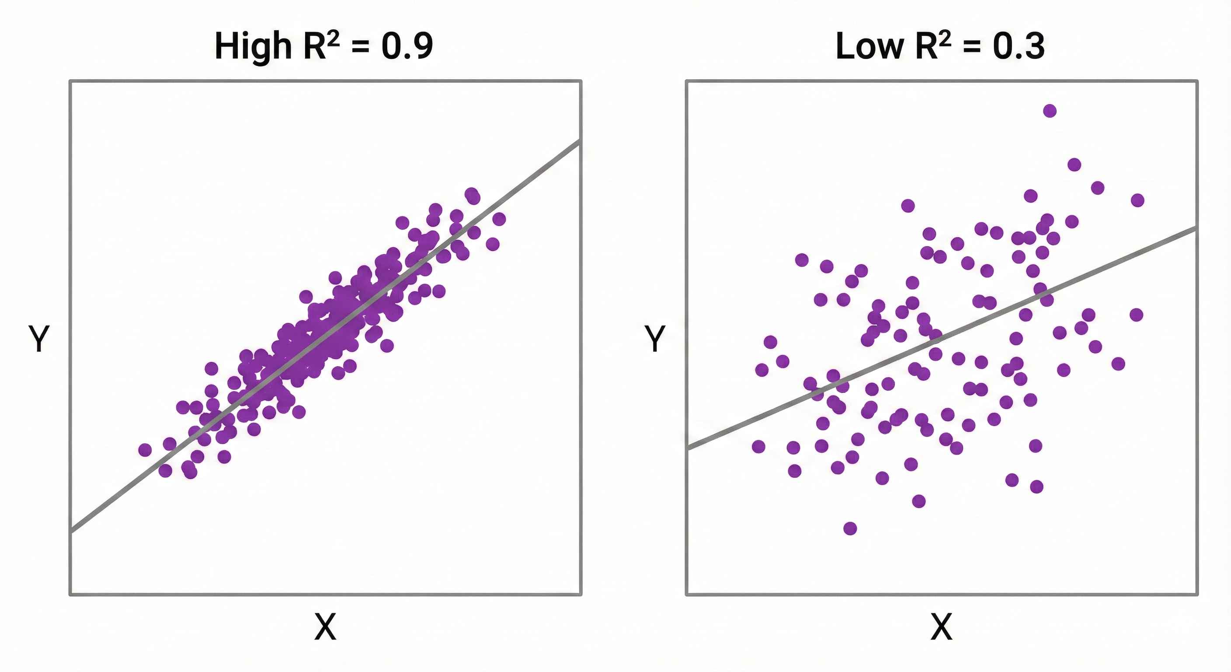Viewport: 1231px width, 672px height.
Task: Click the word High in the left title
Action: pos(253,47)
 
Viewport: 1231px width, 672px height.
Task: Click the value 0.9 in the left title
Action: pos(407,47)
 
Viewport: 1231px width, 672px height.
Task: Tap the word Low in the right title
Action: pos(869,47)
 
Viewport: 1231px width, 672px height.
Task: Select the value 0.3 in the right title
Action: pos(1019,47)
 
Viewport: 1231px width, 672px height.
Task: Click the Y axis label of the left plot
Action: pos(39,339)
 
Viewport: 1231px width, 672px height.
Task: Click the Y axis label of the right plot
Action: pos(655,339)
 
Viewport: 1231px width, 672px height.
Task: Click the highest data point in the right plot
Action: pos(1050,111)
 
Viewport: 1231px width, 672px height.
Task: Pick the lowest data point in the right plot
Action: pos(850,528)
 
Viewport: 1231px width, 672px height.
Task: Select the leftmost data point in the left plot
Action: pos(145,450)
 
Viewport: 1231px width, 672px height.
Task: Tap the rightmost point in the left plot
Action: pos(499,219)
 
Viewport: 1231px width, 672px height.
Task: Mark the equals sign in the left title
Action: pos(360,48)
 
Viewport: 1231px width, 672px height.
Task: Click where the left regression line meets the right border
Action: pos(581,141)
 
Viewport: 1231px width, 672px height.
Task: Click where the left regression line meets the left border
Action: pos(71,531)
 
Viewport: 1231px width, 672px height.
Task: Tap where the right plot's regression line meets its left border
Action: pos(687,448)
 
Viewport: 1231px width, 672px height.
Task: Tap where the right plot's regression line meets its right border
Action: pos(1196,228)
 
